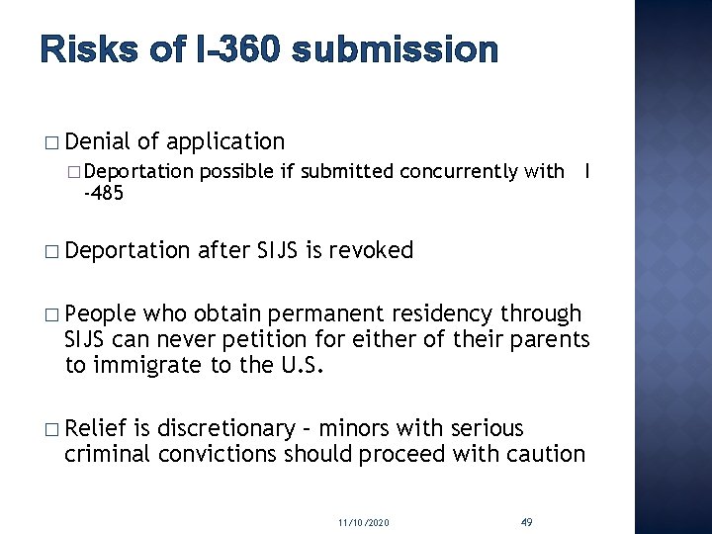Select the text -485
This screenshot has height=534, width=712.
pyautogui.click(x=104, y=193)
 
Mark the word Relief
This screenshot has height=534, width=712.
pyautogui.click(x=97, y=428)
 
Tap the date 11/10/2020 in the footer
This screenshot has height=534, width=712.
pyautogui.click(x=363, y=520)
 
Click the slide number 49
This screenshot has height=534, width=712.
pyautogui.click(x=526, y=520)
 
